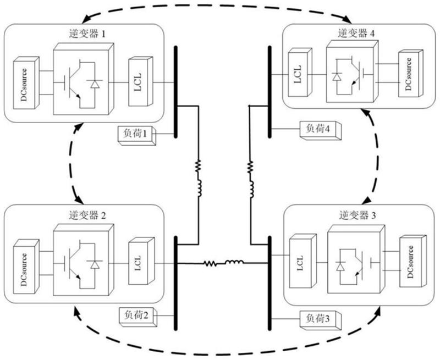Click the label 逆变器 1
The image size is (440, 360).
pos(89,34)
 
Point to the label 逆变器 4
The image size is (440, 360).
pos(354,33)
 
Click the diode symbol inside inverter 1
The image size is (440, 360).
pos(96,84)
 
